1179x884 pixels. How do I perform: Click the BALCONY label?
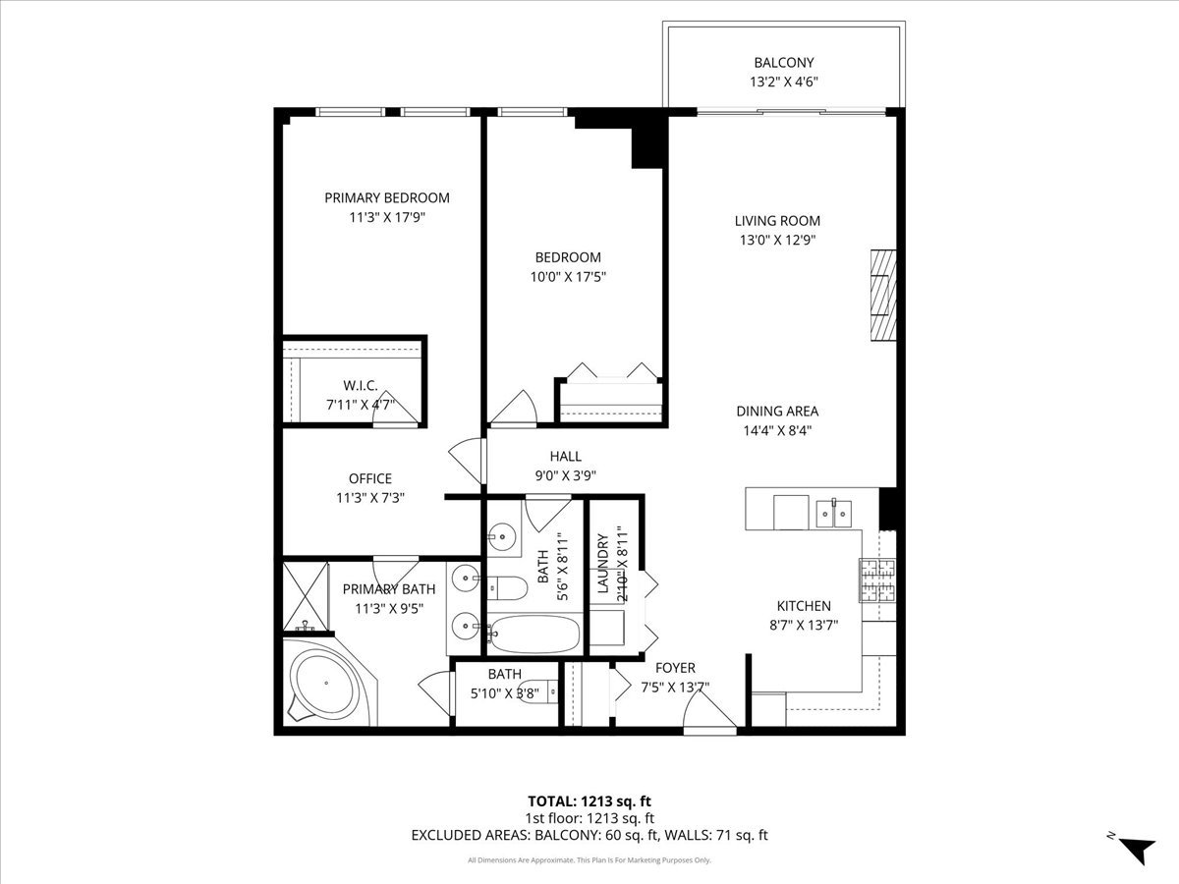coord(783,63)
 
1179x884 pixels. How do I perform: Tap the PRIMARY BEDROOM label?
coord(387,197)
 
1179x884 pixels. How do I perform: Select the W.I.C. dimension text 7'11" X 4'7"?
coord(361,404)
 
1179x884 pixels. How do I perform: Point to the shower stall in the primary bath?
coord(305,596)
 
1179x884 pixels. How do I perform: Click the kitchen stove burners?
coord(878,581)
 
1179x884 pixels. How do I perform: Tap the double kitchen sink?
coord(835,512)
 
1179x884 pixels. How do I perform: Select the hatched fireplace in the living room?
coord(883,295)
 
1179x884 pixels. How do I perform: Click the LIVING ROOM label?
coord(777,221)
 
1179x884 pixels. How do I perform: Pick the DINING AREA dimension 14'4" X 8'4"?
coord(777,429)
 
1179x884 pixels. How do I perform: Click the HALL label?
coord(565,456)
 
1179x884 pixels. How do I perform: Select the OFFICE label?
coord(369,478)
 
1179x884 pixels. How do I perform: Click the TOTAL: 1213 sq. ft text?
coord(589,800)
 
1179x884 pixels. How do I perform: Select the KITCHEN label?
coord(805,606)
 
